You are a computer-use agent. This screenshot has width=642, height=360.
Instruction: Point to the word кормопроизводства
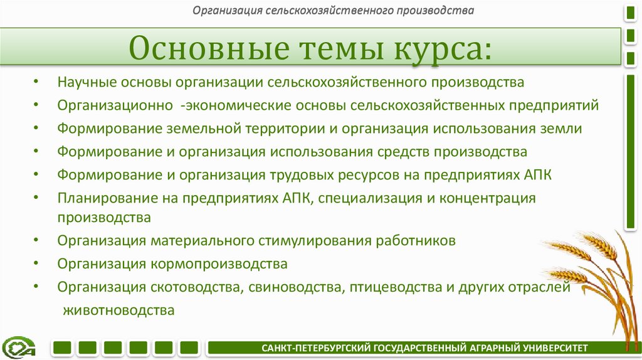click(x=219, y=264)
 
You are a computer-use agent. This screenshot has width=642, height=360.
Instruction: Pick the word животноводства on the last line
click(x=118, y=310)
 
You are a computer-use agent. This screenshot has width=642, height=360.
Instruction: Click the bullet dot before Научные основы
click(x=38, y=83)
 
